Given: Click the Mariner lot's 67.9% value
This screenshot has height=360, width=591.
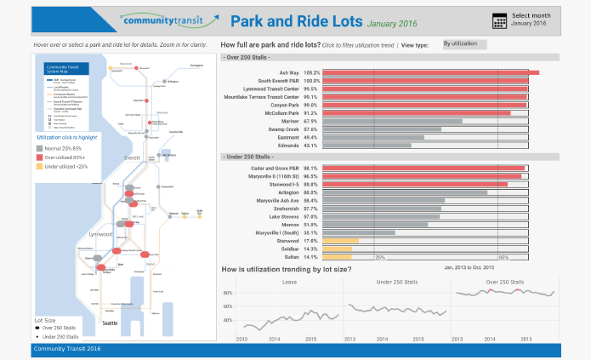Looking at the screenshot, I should [310, 121].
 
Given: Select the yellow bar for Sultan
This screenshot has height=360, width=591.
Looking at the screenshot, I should [336, 256].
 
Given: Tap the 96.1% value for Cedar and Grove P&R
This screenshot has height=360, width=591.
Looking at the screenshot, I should [310, 169].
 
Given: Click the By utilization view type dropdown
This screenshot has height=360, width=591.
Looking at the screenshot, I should [464, 43].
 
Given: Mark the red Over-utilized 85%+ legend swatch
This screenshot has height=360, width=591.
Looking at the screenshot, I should [39, 158].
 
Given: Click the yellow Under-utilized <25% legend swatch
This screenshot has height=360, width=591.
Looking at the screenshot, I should [39, 167].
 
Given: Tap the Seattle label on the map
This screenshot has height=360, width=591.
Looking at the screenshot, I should [110, 323].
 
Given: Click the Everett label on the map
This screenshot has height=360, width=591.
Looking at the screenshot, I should [133, 158].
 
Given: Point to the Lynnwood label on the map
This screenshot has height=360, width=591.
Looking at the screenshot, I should [101, 233].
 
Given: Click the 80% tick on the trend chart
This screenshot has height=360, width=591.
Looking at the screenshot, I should [228, 294].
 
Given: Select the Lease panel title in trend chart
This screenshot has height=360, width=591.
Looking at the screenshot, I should [289, 281].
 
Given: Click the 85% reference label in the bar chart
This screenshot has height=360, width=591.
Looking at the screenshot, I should [503, 257].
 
